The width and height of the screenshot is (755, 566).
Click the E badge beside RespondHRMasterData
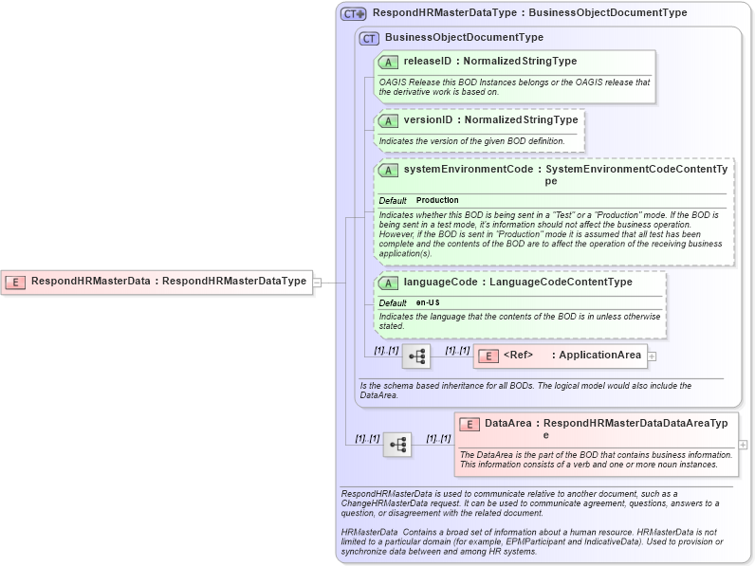pos(16,281)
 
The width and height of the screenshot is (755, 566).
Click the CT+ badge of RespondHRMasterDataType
pos(354,14)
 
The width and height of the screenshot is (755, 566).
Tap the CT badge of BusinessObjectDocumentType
pos(369,38)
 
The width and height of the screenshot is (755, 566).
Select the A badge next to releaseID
pos(388,62)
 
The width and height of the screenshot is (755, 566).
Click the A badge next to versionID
pos(388,120)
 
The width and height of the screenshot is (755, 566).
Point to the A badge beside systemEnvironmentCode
pos(388,170)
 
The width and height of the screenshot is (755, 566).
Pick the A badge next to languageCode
pos(388,283)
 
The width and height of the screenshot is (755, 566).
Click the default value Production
pos(437,200)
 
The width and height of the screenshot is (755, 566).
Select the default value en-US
pos(428,302)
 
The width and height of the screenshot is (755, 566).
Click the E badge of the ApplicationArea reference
pos(487,356)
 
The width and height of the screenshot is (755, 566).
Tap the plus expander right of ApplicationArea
pos(652,356)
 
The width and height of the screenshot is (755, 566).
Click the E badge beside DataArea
pos(470,424)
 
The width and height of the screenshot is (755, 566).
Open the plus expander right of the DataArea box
pos(743,444)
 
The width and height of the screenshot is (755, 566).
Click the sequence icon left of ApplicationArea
pos(416,356)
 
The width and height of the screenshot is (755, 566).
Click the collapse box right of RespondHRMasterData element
pos(317,282)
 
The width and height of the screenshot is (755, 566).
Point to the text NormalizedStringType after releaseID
pos(520,62)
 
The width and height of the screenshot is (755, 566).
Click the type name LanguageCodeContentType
pos(560,283)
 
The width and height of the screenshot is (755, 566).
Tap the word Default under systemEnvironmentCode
pos(393,201)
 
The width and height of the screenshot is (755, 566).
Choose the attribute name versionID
pos(428,120)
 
